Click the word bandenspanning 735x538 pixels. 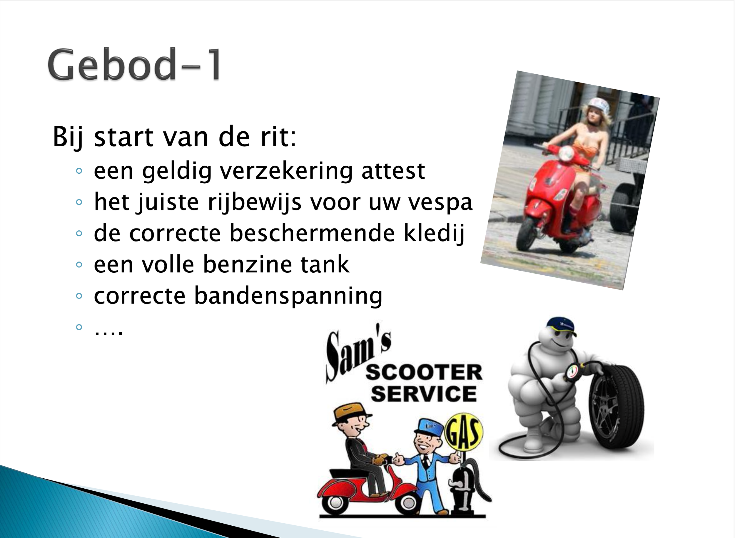pos(288,296)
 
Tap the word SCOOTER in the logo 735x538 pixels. pos(424,373)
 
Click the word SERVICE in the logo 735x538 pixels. pos(424,394)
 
